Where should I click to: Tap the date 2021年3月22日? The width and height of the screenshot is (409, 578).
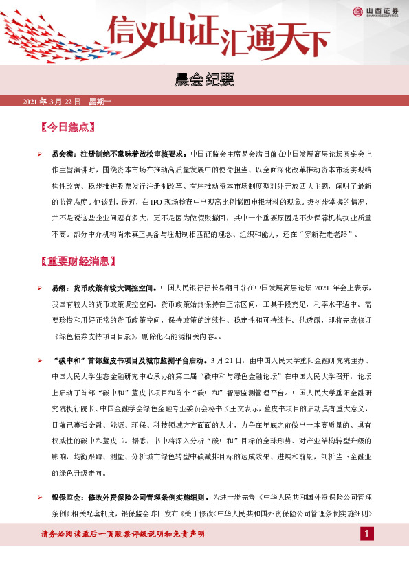[52, 102]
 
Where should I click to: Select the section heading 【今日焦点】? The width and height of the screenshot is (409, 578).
[67, 127]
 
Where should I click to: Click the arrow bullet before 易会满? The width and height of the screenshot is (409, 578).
[41, 154]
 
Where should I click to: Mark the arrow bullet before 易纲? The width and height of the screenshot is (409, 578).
[41, 288]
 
